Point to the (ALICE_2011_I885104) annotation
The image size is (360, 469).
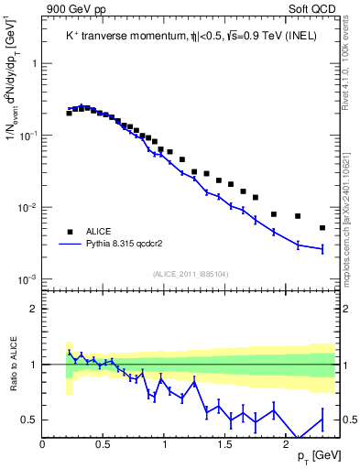(x=191, y=274)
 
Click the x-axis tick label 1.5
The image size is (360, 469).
(x=224, y=444)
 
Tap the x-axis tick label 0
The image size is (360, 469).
(x=43, y=444)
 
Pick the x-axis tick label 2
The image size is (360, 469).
(x=285, y=444)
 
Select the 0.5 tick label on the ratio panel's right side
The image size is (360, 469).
(x=348, y=420)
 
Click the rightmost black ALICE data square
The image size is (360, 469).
(x=322, y=228)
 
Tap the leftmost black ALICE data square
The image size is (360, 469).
(x=69, y=114)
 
